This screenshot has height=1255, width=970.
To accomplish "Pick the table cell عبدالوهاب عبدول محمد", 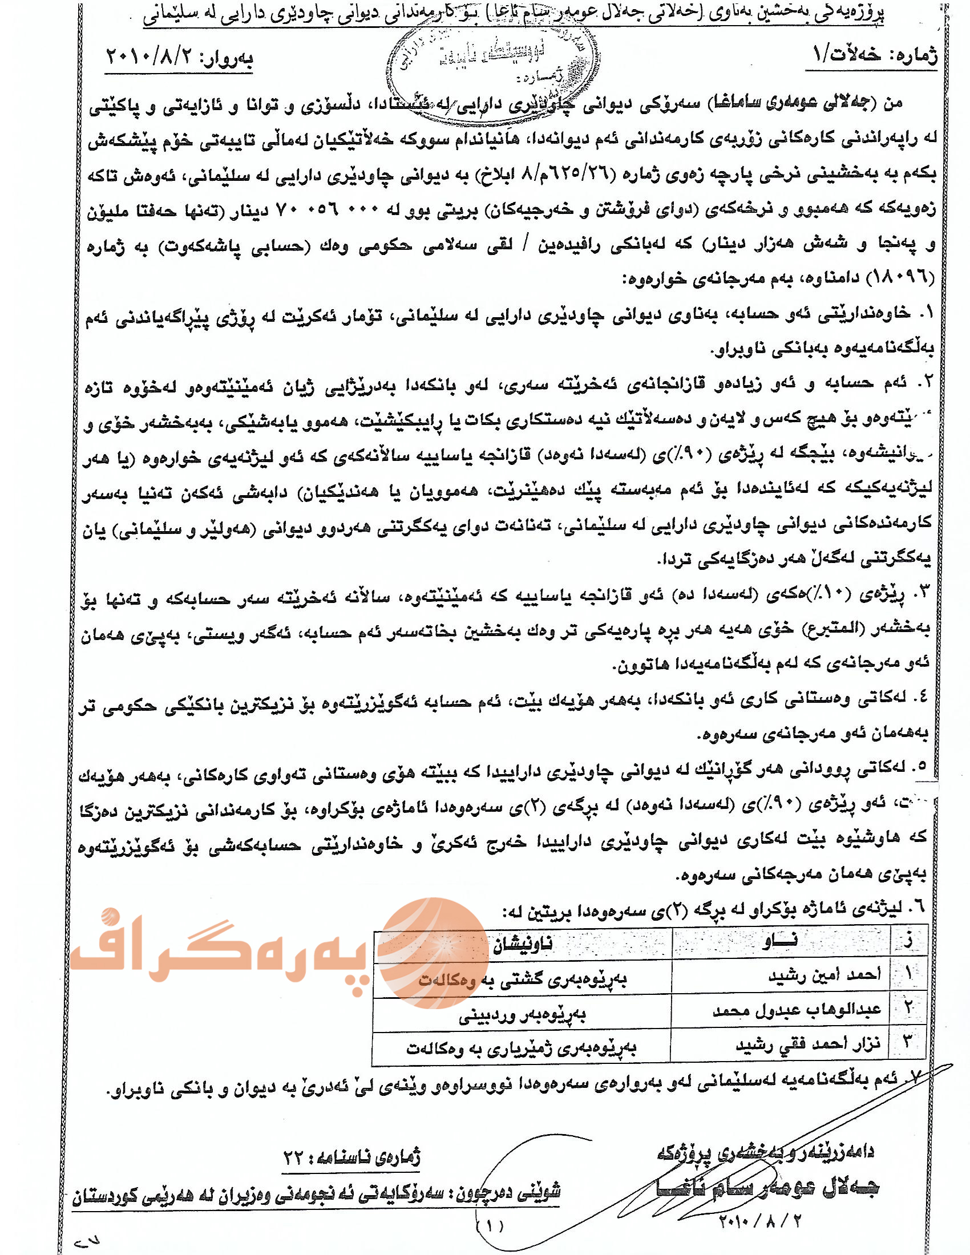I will pos(797,1010).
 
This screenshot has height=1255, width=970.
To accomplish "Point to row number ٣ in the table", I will pos(907,1042).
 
